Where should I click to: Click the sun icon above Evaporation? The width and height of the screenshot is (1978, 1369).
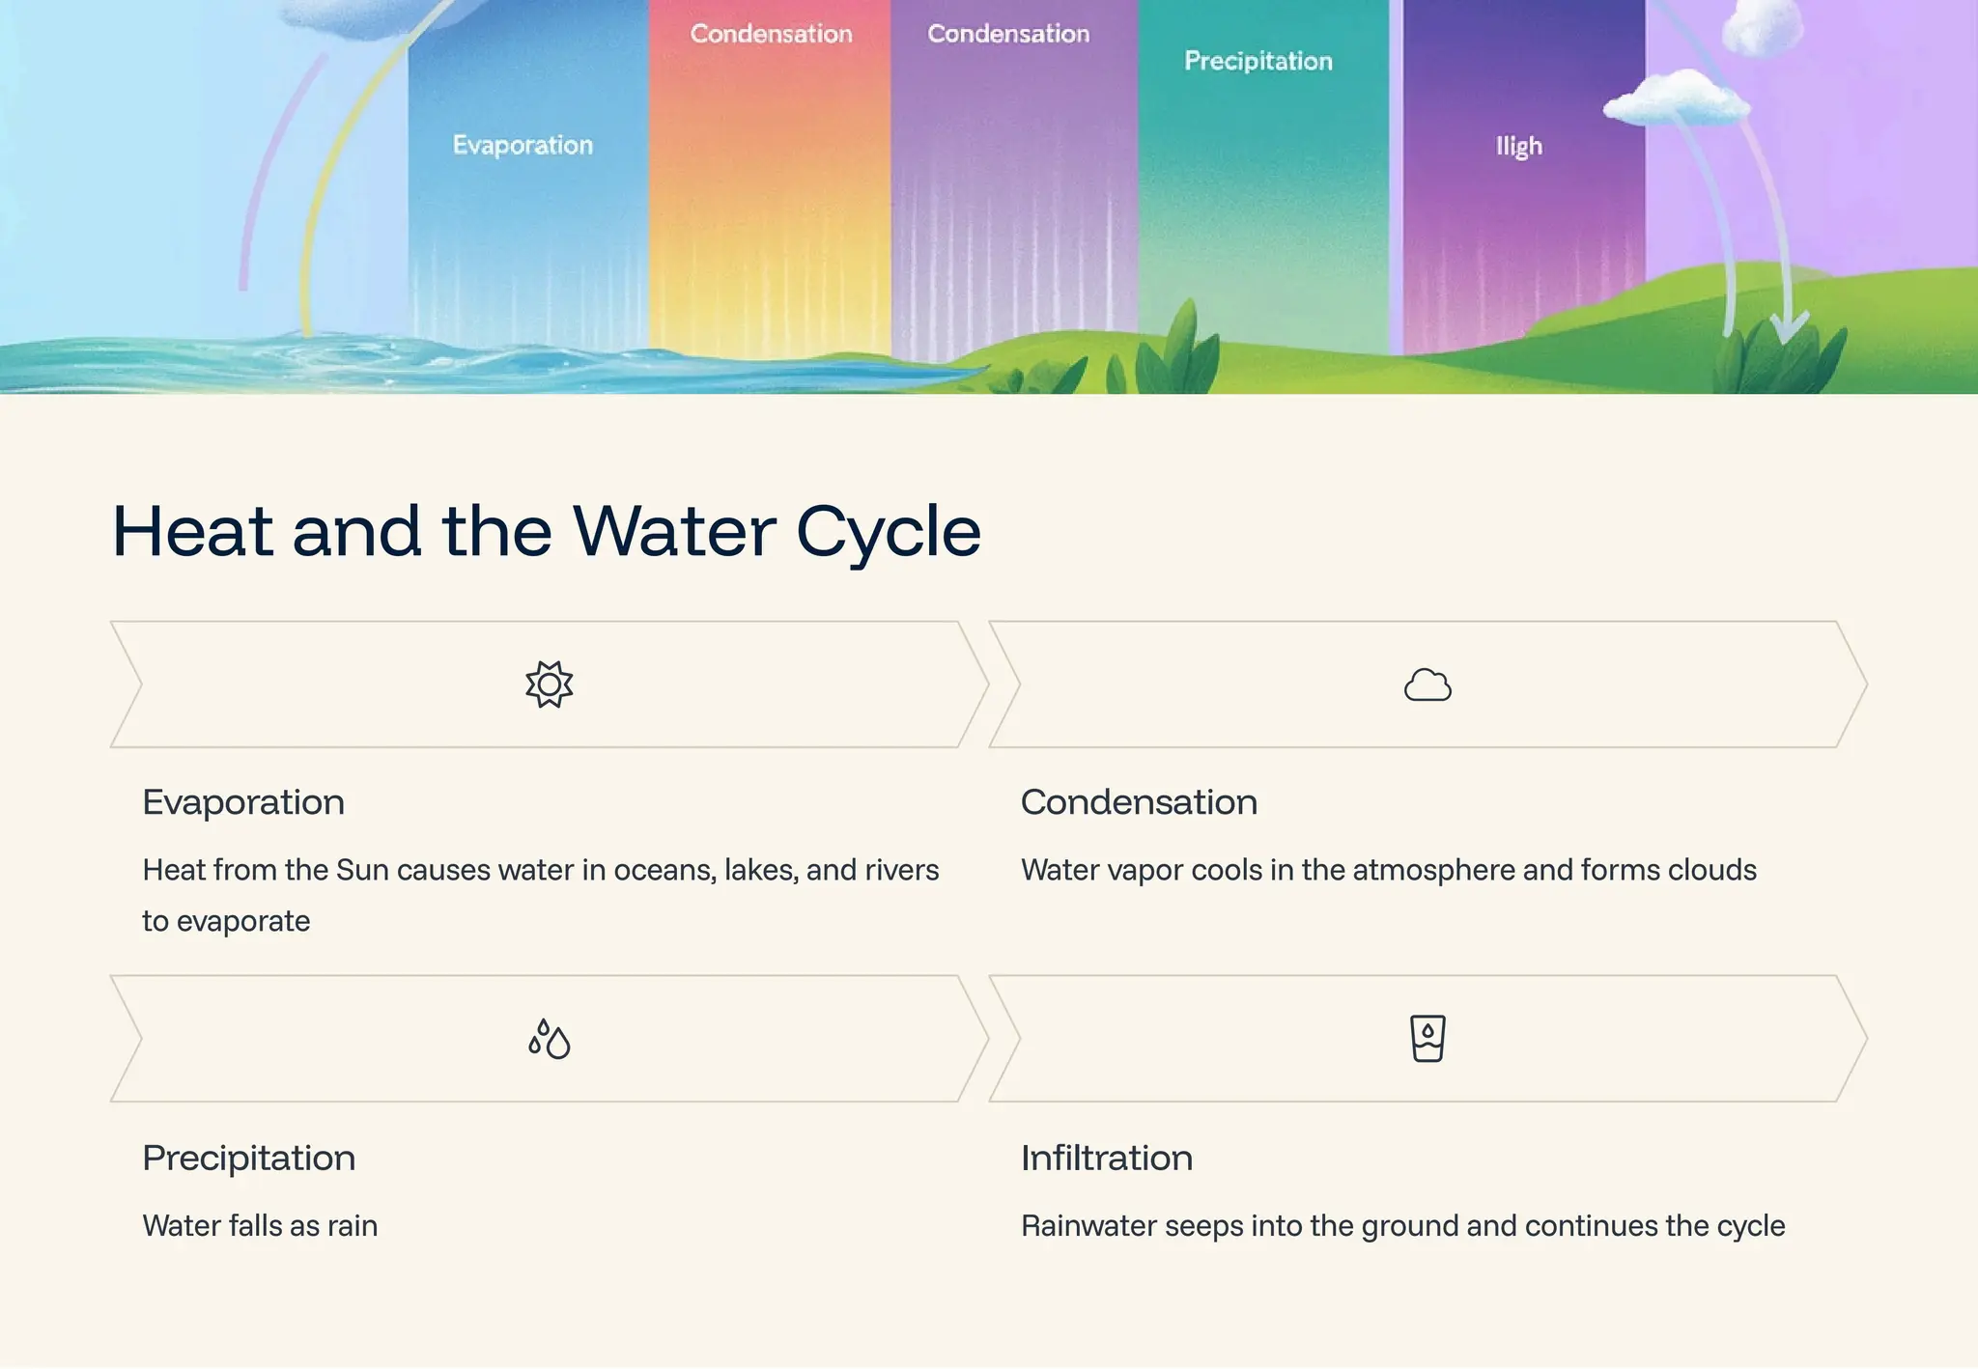[549, 684]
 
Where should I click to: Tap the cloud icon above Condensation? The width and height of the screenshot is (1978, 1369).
[1427, 684]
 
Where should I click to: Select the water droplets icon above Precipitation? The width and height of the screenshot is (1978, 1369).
[549, 1039]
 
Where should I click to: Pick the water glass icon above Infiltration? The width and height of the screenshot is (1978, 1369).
[1427, 1039]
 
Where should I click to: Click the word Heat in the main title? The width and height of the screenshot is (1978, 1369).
[193, 532]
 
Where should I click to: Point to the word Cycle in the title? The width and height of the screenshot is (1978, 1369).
[888, 532]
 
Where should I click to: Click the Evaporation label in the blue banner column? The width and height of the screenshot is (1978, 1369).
[523, 145]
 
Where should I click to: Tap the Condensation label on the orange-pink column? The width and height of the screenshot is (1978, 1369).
[771, 34]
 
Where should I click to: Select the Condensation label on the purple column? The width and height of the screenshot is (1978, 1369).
[1008, 34]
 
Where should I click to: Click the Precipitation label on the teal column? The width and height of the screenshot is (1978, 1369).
[1257, 61]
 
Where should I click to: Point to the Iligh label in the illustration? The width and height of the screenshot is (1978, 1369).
[1518, 147]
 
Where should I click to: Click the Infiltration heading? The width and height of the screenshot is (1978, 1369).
[1106, 1158]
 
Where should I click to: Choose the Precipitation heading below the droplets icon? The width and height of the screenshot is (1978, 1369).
[248, 1158]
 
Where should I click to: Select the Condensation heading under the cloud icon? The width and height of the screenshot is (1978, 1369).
[1139, 802]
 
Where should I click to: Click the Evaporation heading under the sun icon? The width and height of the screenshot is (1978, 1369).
[243, 802]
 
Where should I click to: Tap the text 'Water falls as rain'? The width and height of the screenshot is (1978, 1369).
[260, 1226]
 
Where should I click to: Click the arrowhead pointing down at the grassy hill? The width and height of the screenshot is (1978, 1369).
[1790, 328]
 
